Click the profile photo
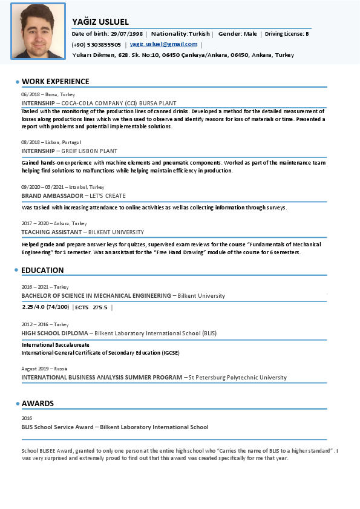point(38,31)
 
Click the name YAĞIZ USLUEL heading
point(100,22)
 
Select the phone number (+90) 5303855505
point(96,44)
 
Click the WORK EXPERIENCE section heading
point(55,81)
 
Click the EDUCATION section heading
point(42,270)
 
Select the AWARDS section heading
point(38,403)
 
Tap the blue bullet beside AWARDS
point(17,404)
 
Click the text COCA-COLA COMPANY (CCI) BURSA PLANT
point(119,103)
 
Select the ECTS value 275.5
point(100,307)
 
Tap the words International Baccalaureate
point(55,344)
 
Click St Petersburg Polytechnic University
point(238,378)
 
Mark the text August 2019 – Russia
point(44,368)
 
